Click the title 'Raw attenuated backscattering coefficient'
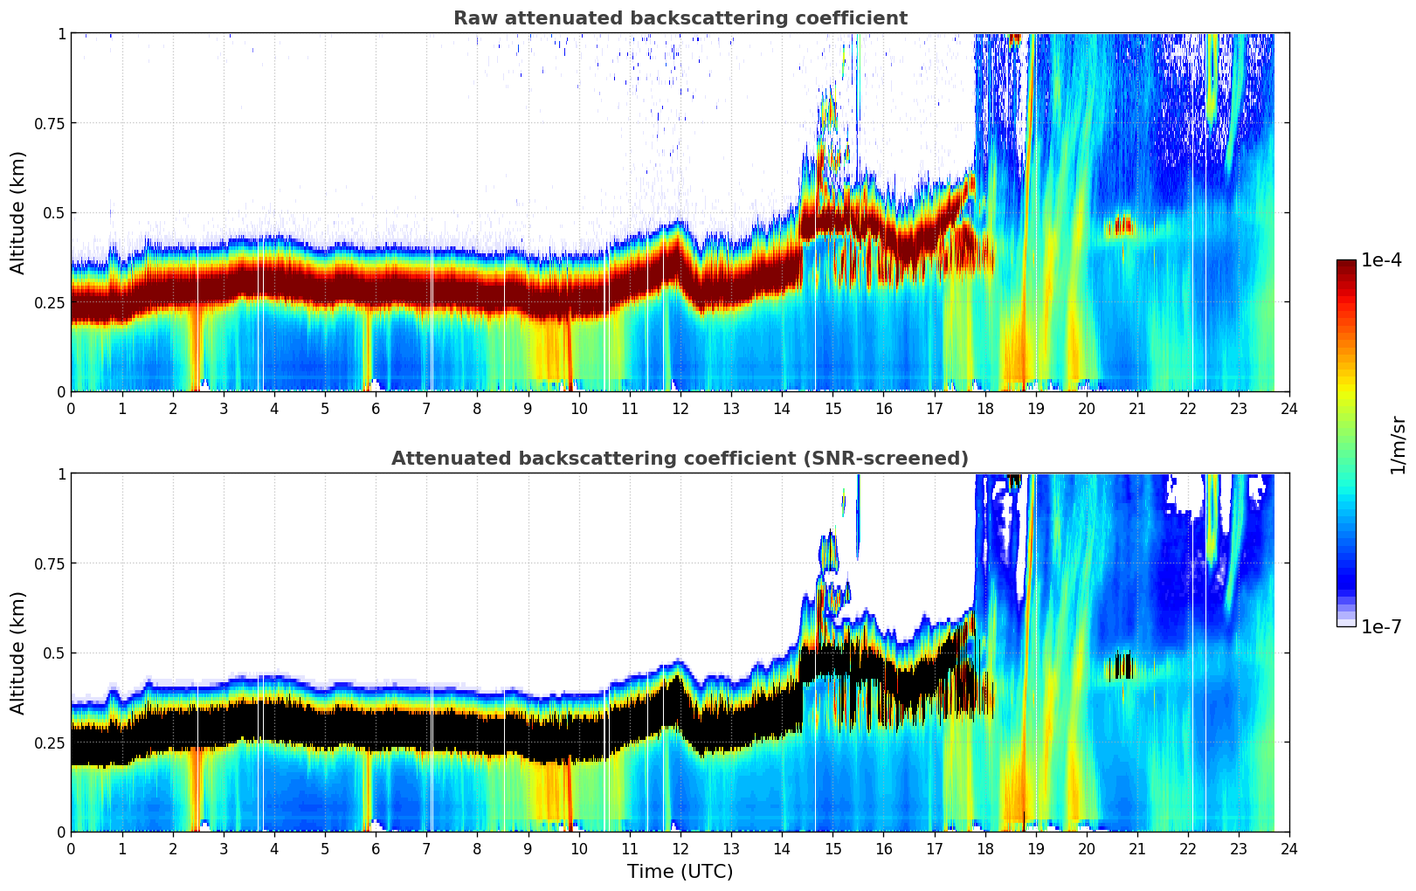[x=680, y=18]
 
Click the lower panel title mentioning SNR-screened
[x=680, y=459]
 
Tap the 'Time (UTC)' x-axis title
[x=680, y=872]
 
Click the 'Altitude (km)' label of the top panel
[x=18, y=212]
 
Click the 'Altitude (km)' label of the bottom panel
[x=18, y=653]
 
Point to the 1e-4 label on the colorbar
[x=1381, y=260]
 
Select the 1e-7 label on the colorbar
[x=1381, y=626]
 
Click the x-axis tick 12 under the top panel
[x=680, y=409]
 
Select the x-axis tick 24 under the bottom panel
[x=1288, y=849]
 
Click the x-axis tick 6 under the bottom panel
[x=376, y=849]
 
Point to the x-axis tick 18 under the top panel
[x=984, y=409]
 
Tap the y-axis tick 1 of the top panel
[x=61, y=33]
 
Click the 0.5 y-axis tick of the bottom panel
[x=54, y=653]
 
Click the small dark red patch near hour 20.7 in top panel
[x=1119, y=227]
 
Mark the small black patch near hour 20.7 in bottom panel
[x=1119, y=667]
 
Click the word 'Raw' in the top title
[x=472, y=18]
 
